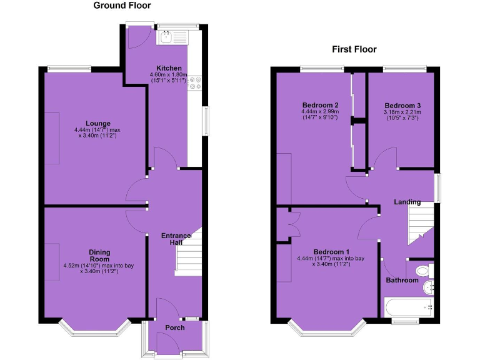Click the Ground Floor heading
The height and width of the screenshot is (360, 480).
point(122,6)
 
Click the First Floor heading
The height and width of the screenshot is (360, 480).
point(355,49)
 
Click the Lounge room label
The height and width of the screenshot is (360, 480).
point(99,124)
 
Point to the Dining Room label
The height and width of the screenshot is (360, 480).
point(99,256)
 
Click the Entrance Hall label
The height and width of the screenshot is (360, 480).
point(176,239)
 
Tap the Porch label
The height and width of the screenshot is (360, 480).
point(175,328)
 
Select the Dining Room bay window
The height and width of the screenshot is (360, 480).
point(94,329)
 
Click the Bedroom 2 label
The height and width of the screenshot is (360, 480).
point(320,105)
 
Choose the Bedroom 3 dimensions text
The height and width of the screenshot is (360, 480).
point(402,116)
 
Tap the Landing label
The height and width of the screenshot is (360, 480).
point(407,202)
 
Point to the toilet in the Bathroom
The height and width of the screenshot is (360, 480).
point(422,271)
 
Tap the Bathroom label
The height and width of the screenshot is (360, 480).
point(401,281)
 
